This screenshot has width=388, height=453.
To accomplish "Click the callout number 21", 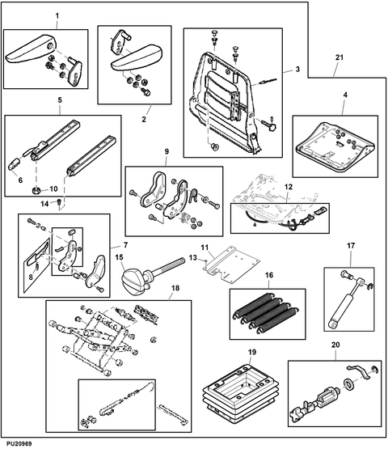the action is pos(339,57).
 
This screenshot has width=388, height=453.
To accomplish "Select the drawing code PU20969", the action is pos(19,443).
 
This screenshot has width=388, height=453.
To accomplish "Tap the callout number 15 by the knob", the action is pos(120,257).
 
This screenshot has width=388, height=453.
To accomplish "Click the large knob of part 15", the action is pos(133,281).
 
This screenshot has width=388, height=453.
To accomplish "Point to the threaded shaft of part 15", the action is pos(170,265).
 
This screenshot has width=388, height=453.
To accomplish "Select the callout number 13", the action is pos(193,257).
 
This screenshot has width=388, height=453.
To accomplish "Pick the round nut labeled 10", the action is pos(36,191).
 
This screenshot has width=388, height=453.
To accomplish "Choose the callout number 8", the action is pos(31,277).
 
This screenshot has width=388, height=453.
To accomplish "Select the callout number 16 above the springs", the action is pos(268,275).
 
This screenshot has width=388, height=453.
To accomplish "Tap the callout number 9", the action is pos(167,151).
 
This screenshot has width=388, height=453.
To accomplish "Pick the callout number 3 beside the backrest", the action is pos(297,70).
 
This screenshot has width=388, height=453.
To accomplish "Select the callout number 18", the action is pos(175,288).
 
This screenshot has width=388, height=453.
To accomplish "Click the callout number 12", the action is pos(288,187).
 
